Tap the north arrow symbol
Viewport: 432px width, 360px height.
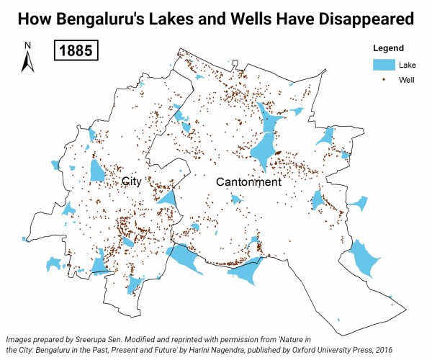[x=27, y=63]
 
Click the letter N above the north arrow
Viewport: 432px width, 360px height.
[x=27, y=46]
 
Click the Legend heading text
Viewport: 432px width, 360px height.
[x=387, y=48]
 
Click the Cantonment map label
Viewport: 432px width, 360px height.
[x=248, y=183]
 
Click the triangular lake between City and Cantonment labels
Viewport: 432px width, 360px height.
[x=168, y=197]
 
